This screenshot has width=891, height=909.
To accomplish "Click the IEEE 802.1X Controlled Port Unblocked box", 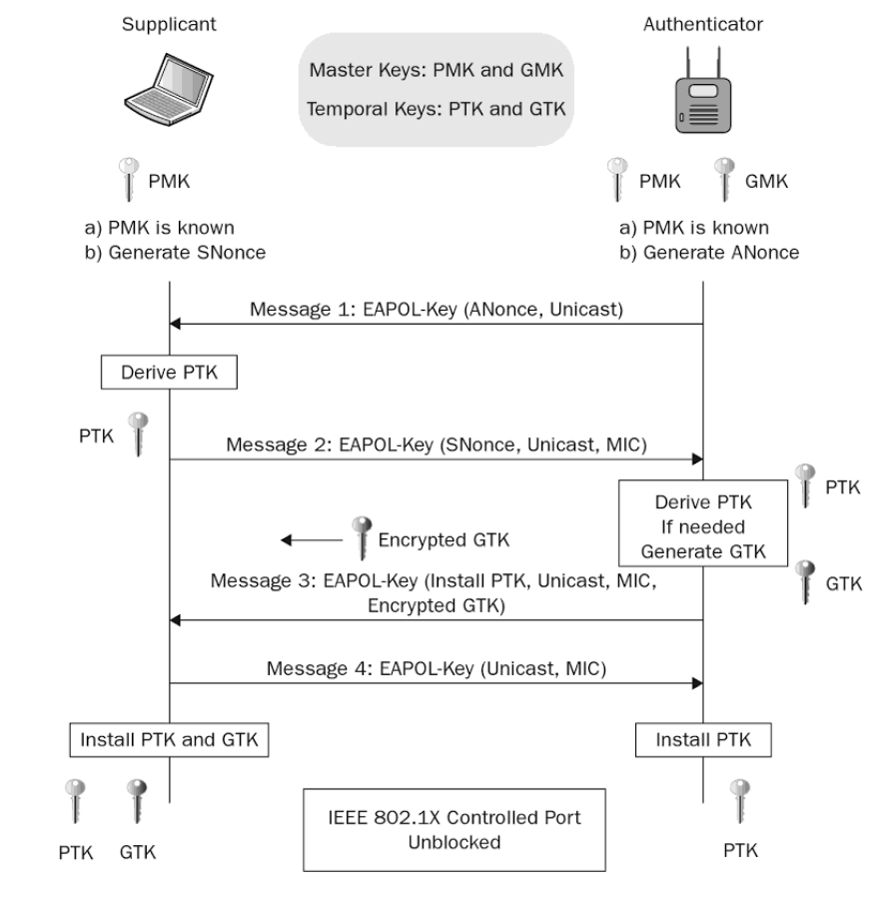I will pos(441,829).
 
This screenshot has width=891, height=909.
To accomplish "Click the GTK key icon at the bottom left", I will pos(136,802).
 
